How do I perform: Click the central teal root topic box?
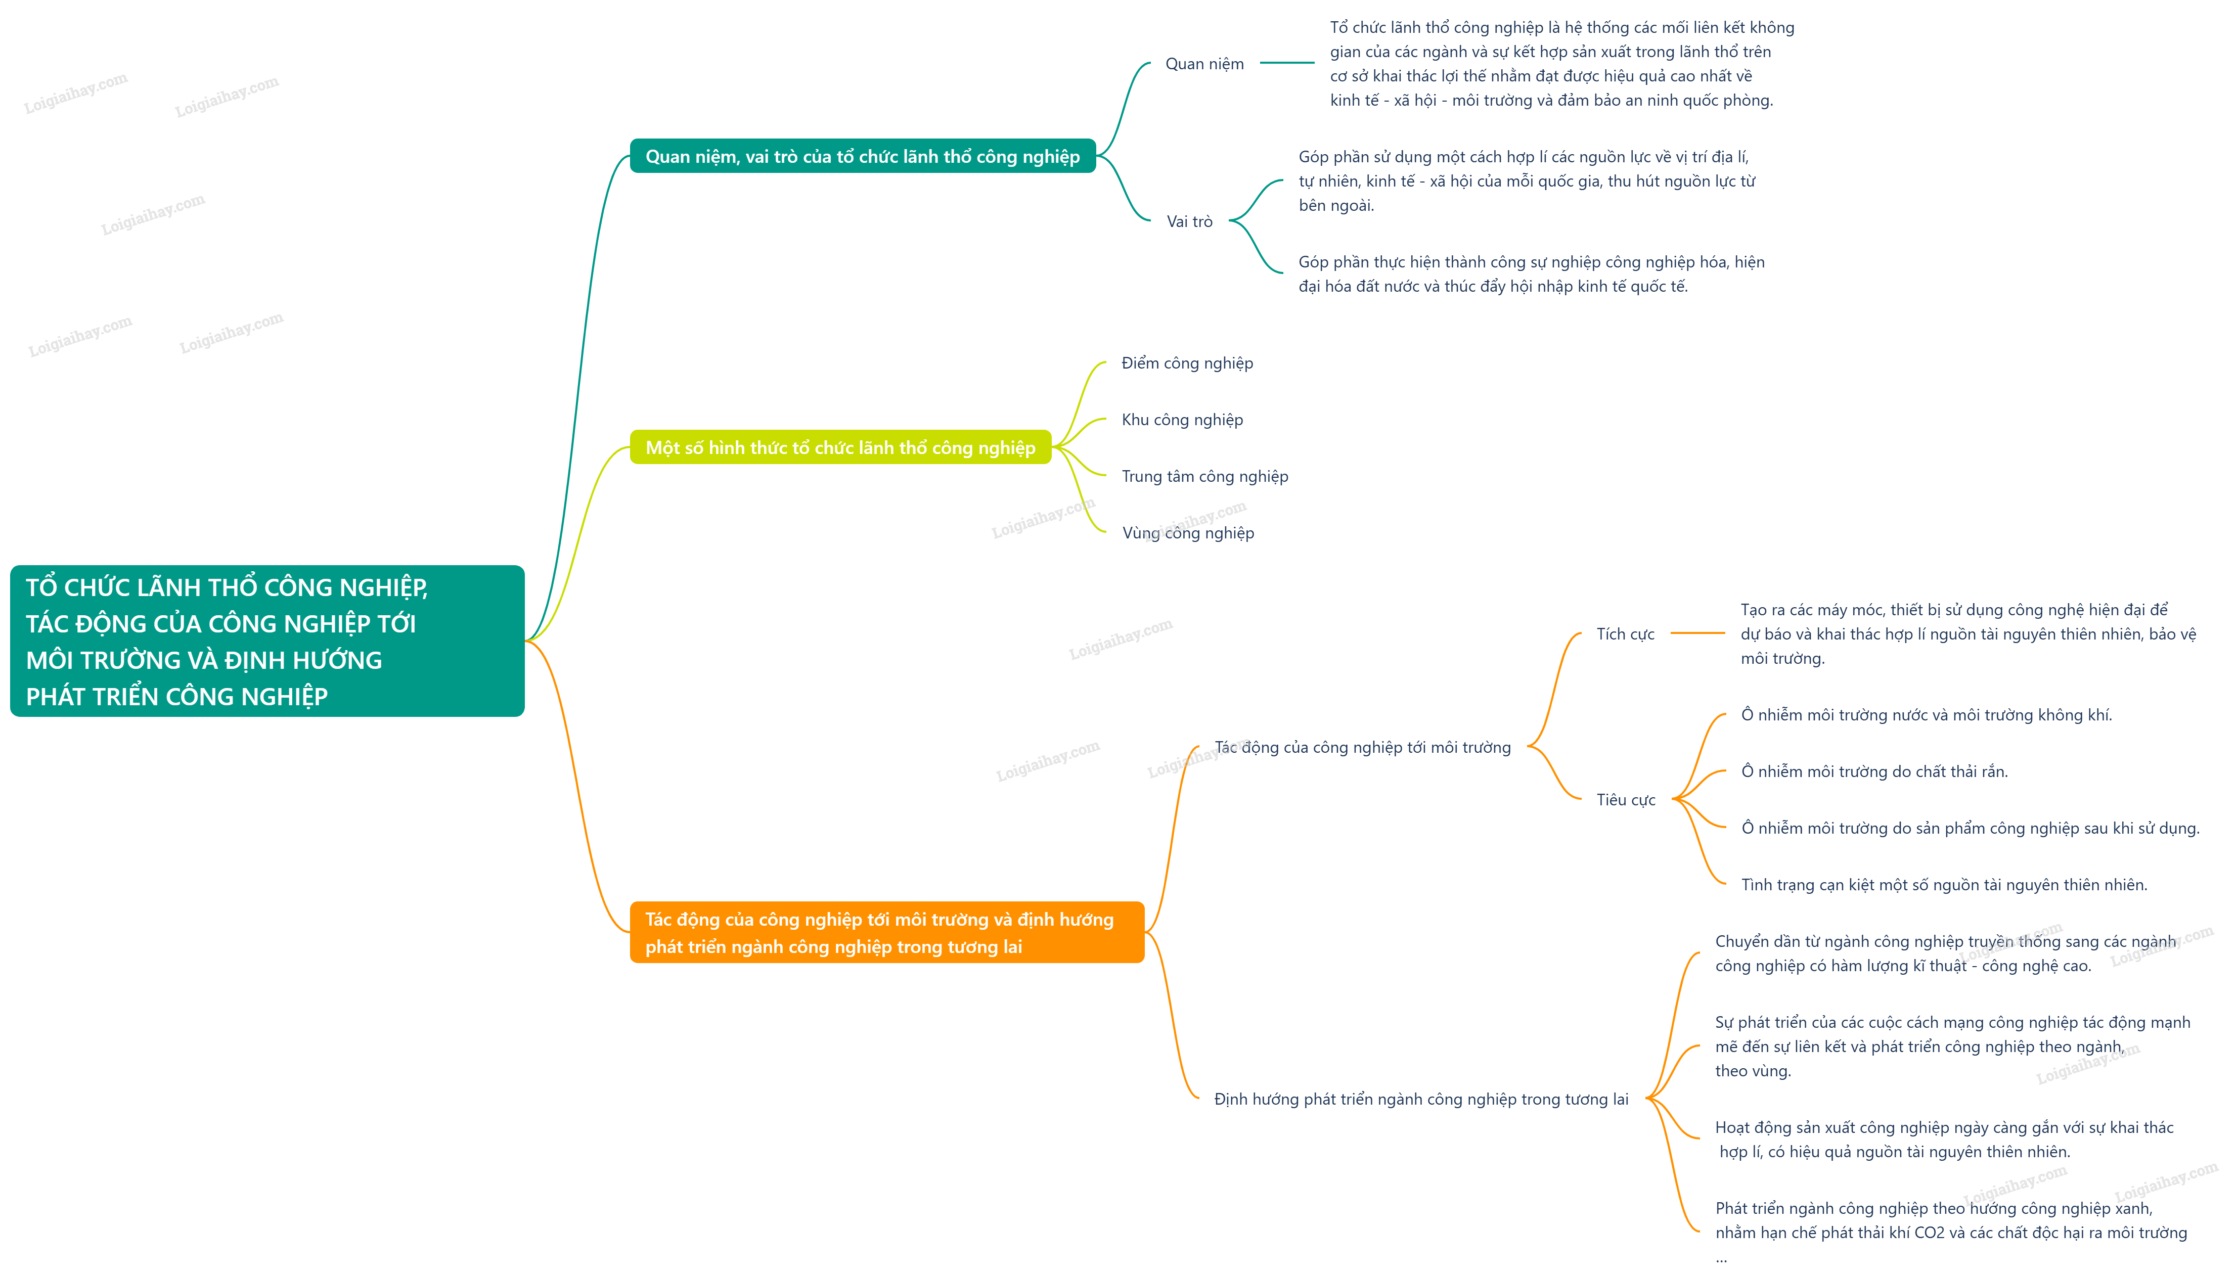click(267, 641)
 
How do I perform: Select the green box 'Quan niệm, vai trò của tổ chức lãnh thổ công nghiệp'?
click(863, 156)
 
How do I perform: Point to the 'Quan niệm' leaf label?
click(1204, 64)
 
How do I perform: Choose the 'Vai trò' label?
click(1189, 221)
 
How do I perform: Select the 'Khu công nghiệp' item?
click(1182, 420)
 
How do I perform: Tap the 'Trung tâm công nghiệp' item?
click(1205, 476)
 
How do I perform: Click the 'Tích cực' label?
click(1626, 634)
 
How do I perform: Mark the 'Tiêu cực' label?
click(1626, 799)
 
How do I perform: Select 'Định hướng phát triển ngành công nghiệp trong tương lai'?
click(1420, 1099)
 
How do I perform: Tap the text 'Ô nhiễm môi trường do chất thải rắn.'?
click(1874, 771)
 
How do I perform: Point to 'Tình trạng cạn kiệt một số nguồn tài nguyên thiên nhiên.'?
click(1943, 884)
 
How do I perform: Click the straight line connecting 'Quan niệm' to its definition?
click(1286, 63)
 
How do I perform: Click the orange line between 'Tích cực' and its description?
click(1697, 633)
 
